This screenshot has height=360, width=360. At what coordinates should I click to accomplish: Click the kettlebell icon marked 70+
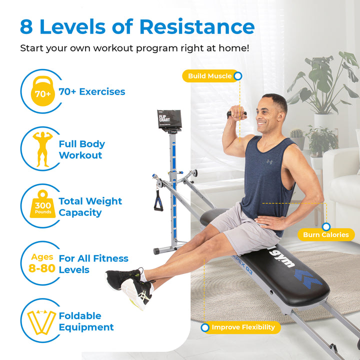pyautogui.click(x=42, y=92)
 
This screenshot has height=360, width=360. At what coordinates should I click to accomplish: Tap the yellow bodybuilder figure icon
pyautogui.click(x=42, y=149)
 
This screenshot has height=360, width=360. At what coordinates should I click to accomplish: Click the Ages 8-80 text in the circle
pyautogui.click(x=42, y=263)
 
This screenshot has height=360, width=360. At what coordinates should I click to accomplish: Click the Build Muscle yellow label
pyautogui.click(x=209, y=76)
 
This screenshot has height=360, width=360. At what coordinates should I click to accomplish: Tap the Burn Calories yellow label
pyautogui.click(x=325, y=234)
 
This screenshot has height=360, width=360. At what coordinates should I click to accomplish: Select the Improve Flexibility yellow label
pyautogui.click(x=243, y=327)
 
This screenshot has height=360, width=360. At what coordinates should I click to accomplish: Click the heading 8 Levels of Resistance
pyautogui.click(x=137, y=26)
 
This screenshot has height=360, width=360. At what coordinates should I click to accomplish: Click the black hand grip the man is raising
pyautogui.click(x=236, y=114)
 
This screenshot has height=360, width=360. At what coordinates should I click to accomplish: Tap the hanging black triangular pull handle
pyautogui.click(x=158, y=201)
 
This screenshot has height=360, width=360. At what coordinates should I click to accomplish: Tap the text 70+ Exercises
pyautogui.click(x=92, y=92)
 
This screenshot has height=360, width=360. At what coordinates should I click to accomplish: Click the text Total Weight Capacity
pyautogui.click(x=90, y=207)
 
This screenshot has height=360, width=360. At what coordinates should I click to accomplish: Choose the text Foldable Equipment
pyautogui.click(x=86, y=321)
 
